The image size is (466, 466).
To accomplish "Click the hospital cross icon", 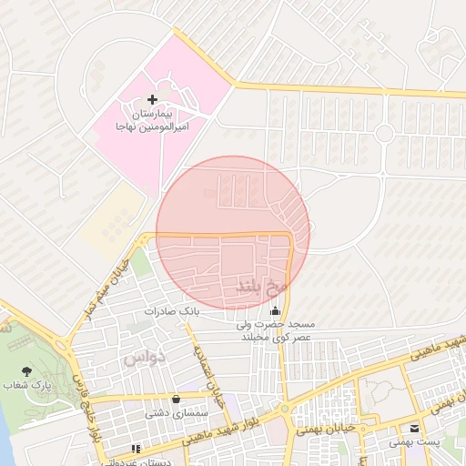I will pos(151,98).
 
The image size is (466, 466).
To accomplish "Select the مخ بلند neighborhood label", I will pos(262,286).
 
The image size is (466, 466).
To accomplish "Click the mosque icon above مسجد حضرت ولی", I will pos(276,312).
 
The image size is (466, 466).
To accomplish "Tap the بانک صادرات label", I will pos(170,311).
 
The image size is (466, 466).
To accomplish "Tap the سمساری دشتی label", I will pos(175,412).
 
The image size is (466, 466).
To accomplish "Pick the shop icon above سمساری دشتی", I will pos(175,398).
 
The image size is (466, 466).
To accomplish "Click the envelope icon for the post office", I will pos(415,428).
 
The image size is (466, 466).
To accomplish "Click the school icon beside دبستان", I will pos(137,449).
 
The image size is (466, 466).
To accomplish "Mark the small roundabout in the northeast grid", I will pos(384,134).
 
